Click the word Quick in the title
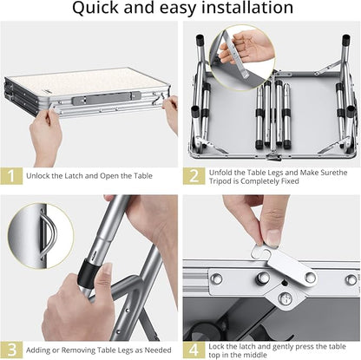tap(95, 8)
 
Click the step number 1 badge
tap(11, 176)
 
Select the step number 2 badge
tap(194, 176)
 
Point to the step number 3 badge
tap(11, 350)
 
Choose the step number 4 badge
tap(194, 350)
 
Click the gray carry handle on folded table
tap(106, 99)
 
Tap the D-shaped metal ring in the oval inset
tap(49, 235)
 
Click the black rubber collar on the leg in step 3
tap(88, 272)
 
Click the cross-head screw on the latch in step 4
tap(285, 298)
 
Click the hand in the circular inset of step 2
tap(246, 47)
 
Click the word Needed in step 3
tap(158, 350)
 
